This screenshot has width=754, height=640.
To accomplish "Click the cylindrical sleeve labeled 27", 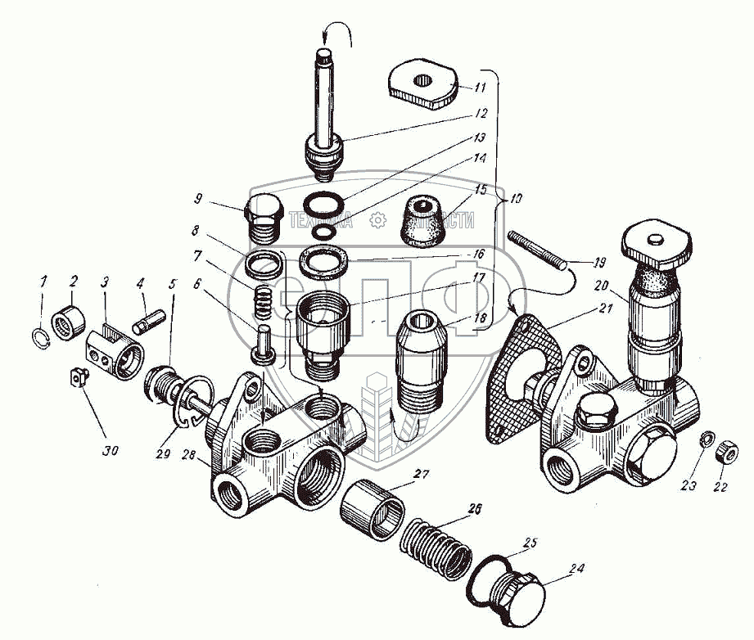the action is (x=371, y=510).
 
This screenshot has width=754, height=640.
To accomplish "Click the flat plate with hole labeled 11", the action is (x=422, y=84).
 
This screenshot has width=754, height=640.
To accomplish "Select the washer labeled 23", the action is (x=705, y=442).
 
